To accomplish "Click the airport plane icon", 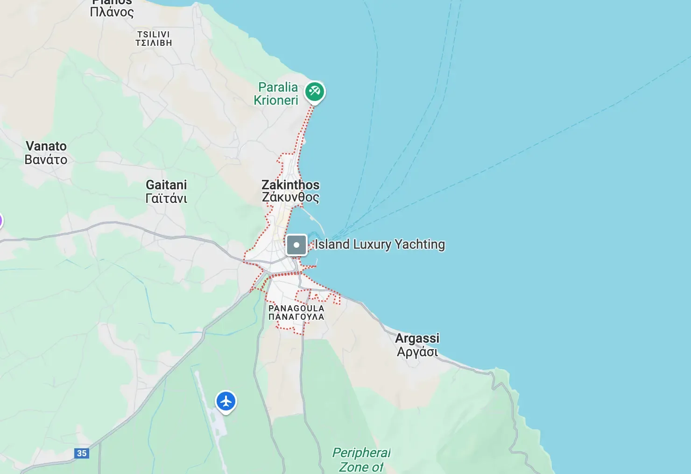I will (226, 401).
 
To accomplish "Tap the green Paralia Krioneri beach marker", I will (315, 91).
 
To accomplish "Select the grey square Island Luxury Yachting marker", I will (296, 244).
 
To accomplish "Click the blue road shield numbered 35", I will (82, 453).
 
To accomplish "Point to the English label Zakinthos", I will (290, 185).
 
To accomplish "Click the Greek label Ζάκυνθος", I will (290, 197).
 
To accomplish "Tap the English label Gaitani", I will (166, 185).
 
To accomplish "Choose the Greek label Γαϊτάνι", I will (166, 199).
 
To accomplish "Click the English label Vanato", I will (46, 146).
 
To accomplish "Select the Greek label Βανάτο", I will (46, 160).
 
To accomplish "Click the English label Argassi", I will (417, 338).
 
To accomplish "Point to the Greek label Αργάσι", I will (417, 352).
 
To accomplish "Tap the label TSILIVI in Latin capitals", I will (154, 35).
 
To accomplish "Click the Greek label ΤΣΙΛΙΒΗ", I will (154, 43).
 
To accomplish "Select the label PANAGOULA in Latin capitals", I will (296, 309).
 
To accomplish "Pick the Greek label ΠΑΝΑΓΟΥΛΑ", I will (296, 317).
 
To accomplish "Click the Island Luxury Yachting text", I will (380, 244).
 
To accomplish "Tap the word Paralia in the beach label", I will (278, 87).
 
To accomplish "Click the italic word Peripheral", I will (361, 452).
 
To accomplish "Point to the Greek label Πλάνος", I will (112, 12).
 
